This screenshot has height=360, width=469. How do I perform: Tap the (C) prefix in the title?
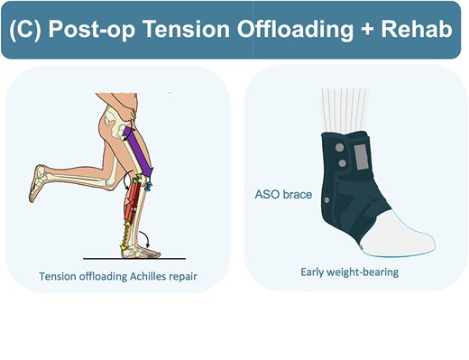[x=29, y=29]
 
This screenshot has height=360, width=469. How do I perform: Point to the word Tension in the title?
[x=184, y=29]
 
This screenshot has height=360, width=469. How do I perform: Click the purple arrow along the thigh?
[x=143, y=149]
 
